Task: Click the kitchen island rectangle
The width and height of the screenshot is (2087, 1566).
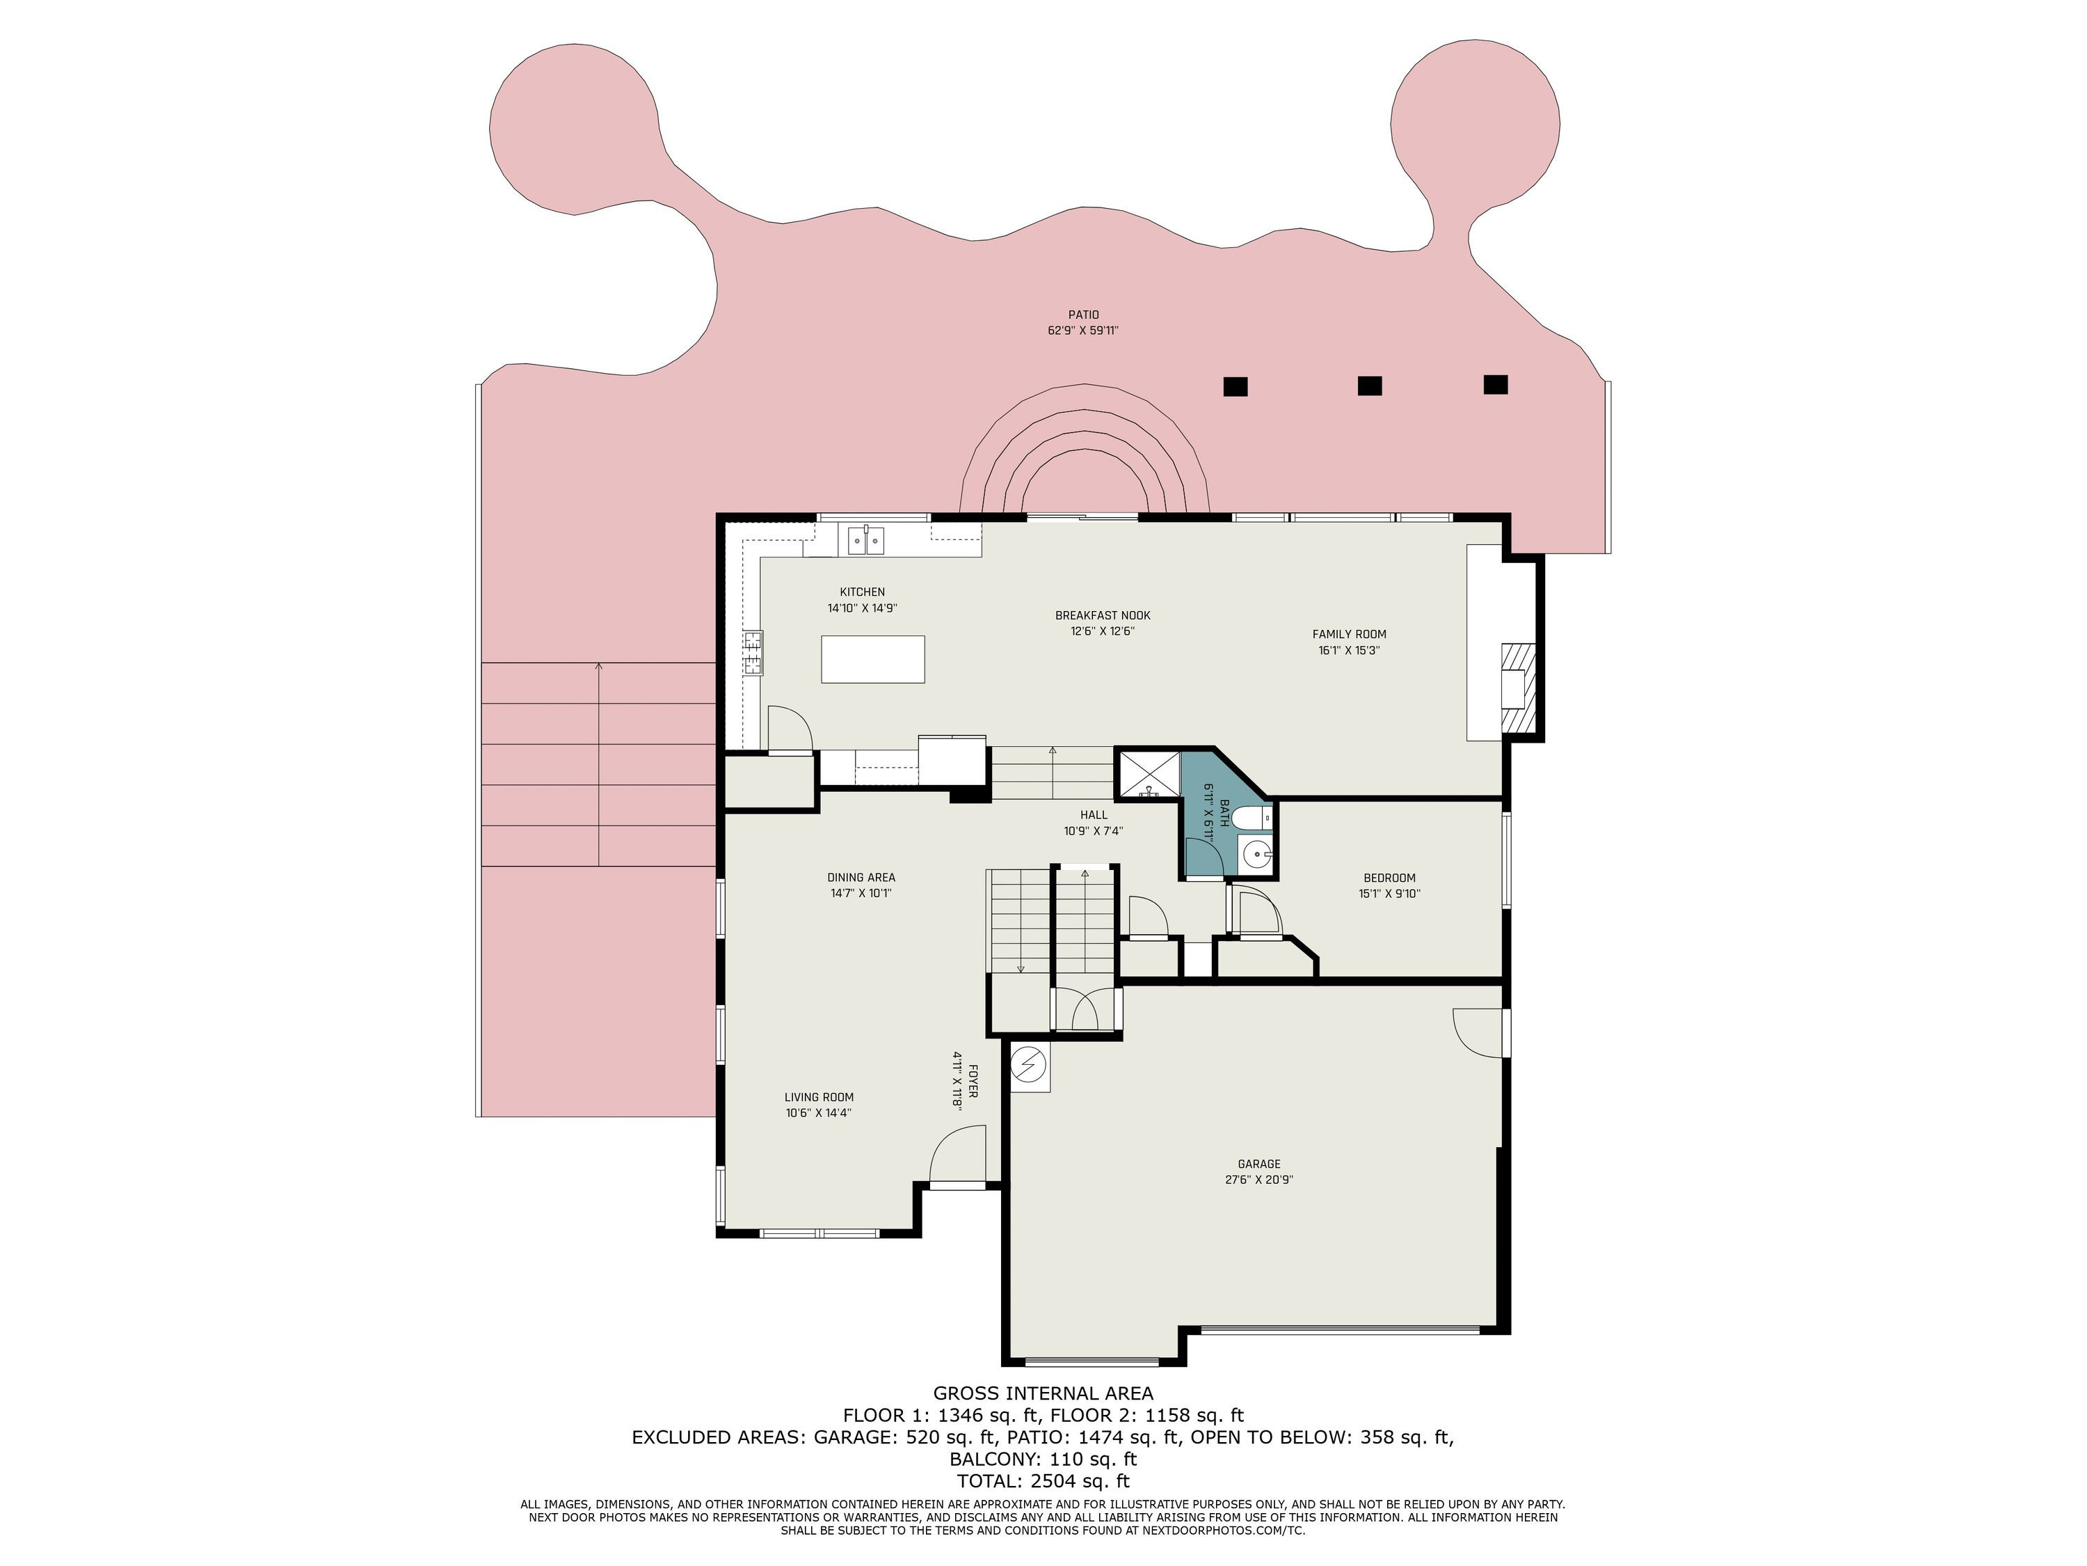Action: [x=873, y=659]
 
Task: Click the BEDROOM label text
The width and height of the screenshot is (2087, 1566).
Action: [x=1389, y=878]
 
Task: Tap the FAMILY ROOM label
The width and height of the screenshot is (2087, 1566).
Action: [x=1349, y=634]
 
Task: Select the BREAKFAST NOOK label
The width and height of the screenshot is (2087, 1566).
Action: [x=1103, y=615]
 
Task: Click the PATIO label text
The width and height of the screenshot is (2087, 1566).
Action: [x=1083, y=315]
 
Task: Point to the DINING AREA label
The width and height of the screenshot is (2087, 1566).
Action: [x=861, y=878]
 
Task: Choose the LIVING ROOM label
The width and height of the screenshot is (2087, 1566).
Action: [x=819, y=1097]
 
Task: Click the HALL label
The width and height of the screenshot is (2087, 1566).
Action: [x=1094, y=814]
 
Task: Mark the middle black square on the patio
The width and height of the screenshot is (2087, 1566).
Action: [x=1370, y=385]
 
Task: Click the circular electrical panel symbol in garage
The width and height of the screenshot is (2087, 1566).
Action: [x=1030, y=1066]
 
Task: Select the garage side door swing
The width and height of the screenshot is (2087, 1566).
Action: [x=1478, y=1031]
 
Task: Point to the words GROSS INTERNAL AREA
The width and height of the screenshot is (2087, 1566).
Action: [x=1043, y=1393]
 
